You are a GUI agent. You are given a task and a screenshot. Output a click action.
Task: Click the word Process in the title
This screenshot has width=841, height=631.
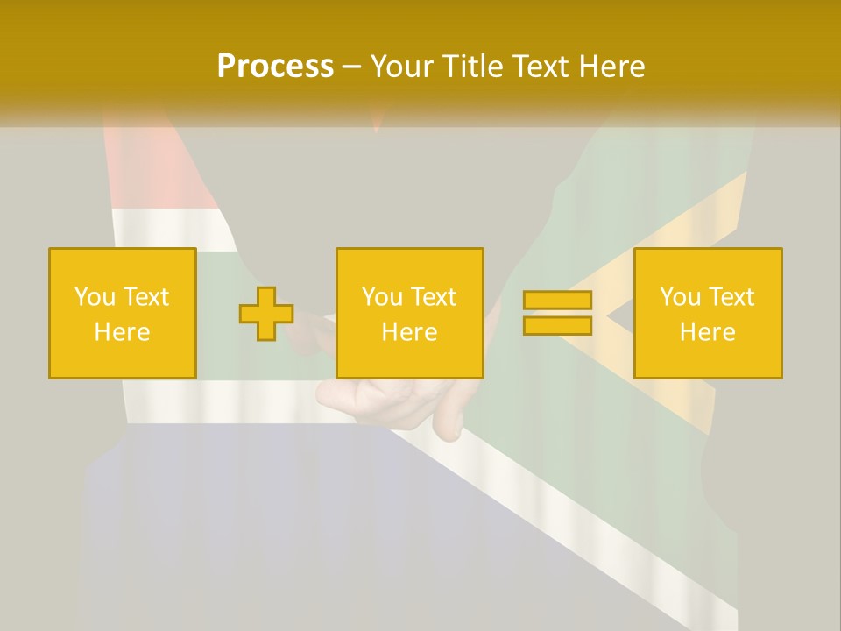tap(275, 66)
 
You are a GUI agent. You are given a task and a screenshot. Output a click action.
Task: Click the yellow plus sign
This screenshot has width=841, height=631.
tap(266, 313)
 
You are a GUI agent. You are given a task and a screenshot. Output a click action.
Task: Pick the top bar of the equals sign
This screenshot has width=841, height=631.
tap(557, 300)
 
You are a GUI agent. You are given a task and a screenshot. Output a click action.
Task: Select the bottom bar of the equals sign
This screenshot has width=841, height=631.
tap(557, 325)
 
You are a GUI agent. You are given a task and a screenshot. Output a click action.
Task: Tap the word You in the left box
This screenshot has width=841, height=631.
tap(95, 296)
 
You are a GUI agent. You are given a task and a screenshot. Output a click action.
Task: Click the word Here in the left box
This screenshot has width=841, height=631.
tap(122, 331)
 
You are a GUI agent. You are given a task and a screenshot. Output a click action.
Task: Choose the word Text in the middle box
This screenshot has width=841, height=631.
tap(434, 296)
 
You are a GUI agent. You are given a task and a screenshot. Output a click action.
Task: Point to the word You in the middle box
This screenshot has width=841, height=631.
tap(382, 296)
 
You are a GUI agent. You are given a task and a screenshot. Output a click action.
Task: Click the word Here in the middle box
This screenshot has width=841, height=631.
tap(409, 331)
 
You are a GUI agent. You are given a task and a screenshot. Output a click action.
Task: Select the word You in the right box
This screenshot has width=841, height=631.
tap(680, 296)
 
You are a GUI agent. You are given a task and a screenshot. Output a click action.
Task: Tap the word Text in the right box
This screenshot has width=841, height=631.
tap(731, 296)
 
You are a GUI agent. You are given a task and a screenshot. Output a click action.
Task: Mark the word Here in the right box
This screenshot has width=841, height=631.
tap(707, 331)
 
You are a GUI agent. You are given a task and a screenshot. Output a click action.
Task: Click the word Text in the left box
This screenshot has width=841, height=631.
tap(146, 296)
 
